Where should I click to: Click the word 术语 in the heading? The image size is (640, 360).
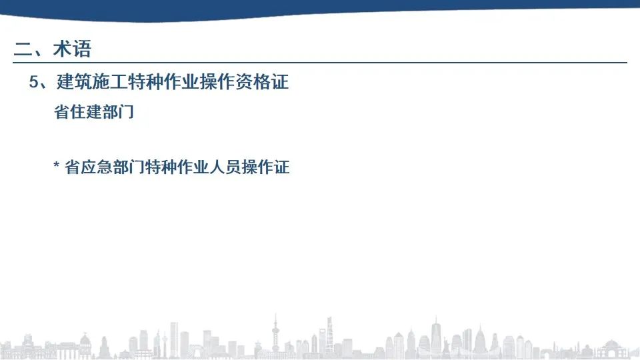(x=72, y=49)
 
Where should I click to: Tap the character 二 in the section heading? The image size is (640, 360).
(x=23, y=49)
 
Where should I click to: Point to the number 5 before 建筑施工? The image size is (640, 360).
(x=33, y=82)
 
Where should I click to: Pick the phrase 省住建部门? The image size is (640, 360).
(x=94, y=111)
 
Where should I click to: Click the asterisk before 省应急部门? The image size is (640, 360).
(x=56, y=165)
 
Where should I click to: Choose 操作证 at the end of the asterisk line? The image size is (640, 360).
(x=265, y=167)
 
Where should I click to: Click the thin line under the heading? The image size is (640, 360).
(x=320, y=63)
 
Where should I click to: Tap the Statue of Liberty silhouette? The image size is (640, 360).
(x=447, y=346)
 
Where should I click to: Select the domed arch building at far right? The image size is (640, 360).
(x=611, y=349)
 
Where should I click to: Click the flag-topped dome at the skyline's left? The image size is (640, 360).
(x=85, y=345)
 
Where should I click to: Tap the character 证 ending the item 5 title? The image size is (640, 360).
(x=281, y=81)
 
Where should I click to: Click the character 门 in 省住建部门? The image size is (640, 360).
(x=127, y=111)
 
